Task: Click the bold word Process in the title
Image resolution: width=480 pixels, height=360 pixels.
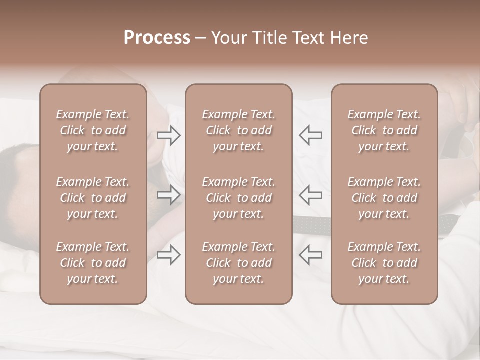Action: pos(157,38)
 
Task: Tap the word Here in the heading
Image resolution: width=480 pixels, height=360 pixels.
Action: pos(349,38)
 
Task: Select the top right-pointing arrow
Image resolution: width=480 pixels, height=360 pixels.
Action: pos(169,135)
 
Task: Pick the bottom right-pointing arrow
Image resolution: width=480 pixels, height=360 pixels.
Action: pos(169,255)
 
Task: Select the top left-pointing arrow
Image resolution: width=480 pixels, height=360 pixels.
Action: pos(310,135)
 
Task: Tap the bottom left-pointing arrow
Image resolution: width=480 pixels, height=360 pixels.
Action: pos(310,255)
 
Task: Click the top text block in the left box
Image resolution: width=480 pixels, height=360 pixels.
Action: pos(93,130)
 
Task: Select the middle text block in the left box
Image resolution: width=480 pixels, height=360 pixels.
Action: pos(93,198)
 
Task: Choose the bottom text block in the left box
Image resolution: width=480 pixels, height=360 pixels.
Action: pos(93,263)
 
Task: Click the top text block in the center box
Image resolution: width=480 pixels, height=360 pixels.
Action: pos(238,130)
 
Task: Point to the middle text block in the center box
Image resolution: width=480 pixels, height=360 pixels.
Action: pos(238,198)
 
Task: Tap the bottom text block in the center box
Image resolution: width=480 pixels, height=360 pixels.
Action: pos(238,263)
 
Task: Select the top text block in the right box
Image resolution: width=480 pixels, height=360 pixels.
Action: pos(384,130)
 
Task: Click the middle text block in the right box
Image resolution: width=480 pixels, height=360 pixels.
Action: pos(384,198)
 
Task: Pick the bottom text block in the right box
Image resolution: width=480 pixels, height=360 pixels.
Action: pos(384,263)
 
